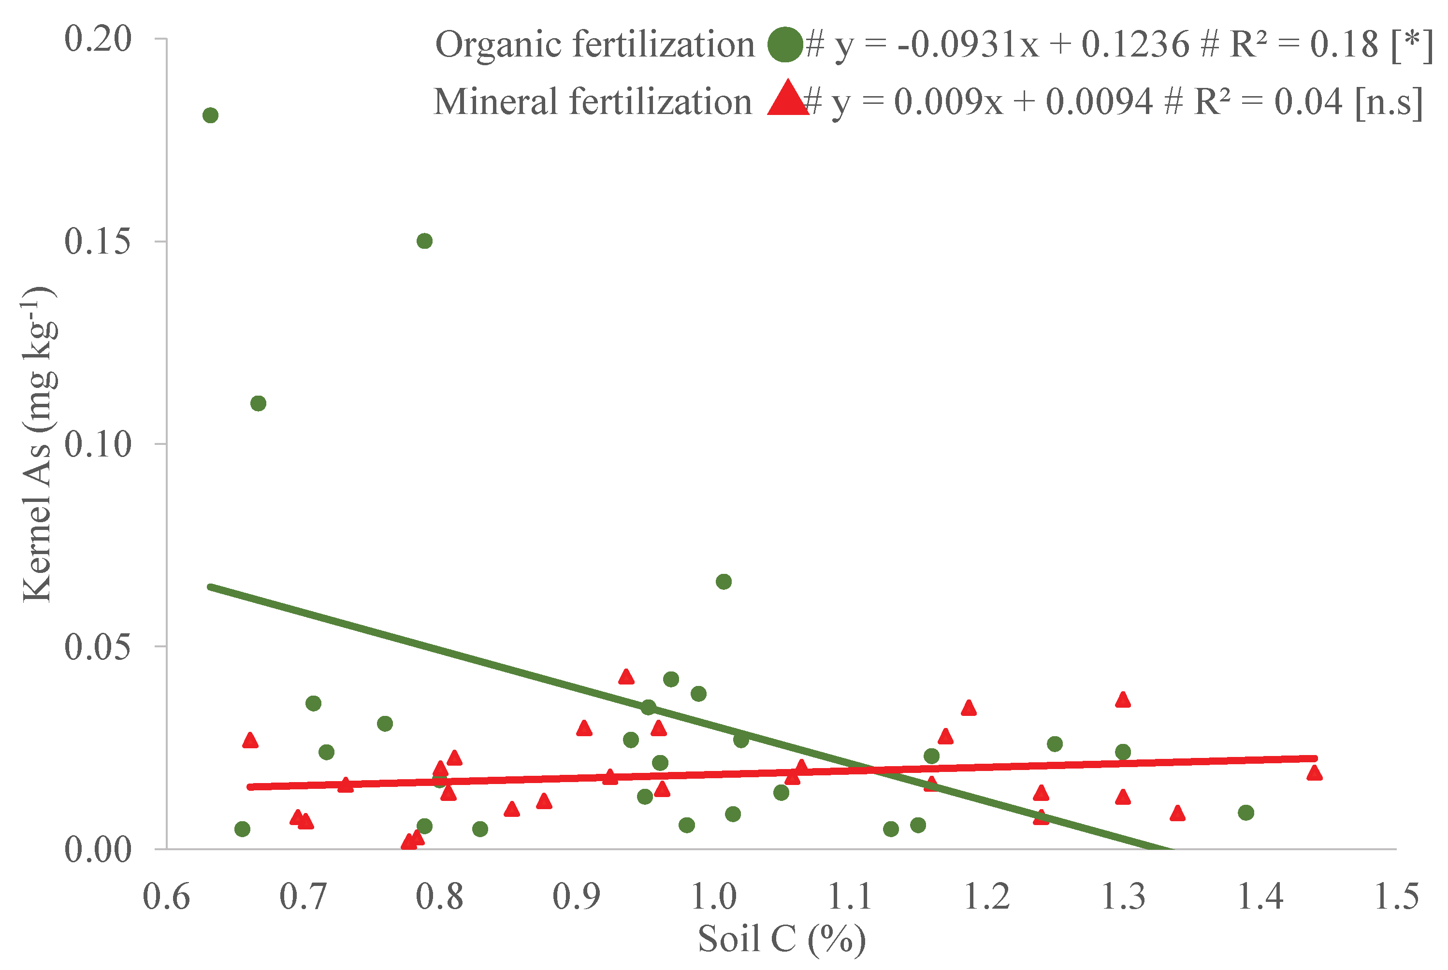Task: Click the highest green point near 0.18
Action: click(x=210, y=115)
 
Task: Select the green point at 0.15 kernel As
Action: click(x=424, y=241)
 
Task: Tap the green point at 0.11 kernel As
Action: click(x=258, y=403)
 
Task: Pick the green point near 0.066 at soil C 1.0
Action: click(x=724, y=582)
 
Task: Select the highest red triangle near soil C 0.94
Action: click(x=626, y=677)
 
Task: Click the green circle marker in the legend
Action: click(x=784, y=44)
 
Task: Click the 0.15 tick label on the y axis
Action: click(x=98, y=241)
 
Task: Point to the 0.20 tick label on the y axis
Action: click(x=98, y=39)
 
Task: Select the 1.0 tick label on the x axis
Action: click(x=713, y=897)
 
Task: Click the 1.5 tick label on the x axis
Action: click(x=1396, y=897)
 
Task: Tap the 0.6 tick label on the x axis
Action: click(x=166, y=897)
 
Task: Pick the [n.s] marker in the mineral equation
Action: click(x=1389, y=101)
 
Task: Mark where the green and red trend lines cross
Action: click(x=876, y=770)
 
